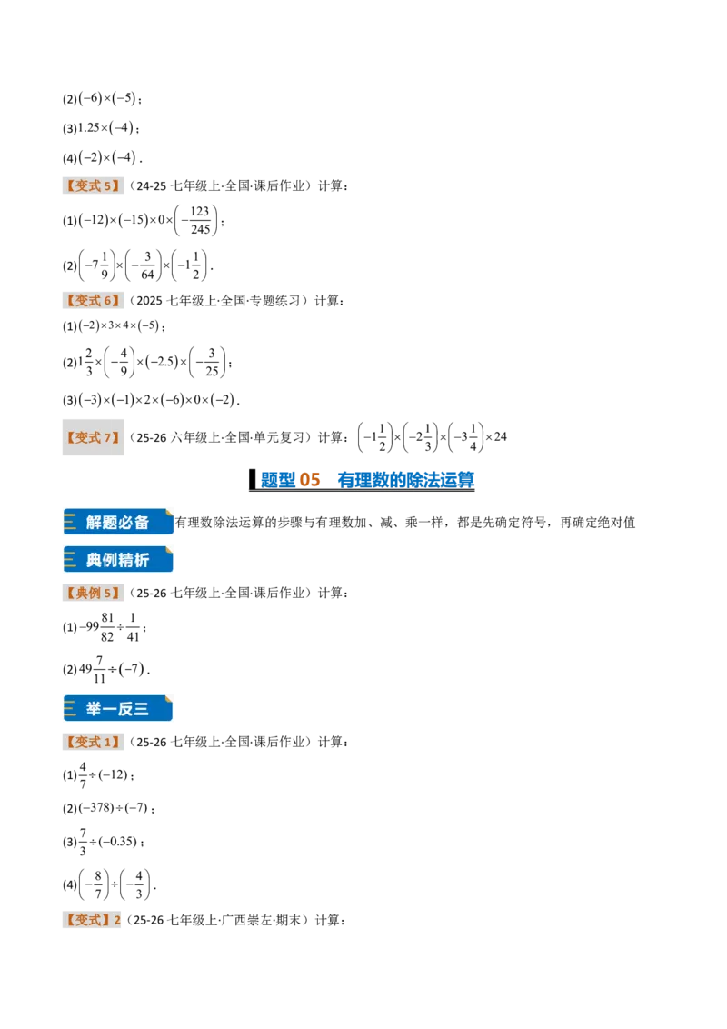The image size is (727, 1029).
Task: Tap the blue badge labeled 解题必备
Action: (x=118, y=523)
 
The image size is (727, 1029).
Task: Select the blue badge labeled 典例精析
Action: (x=118, y=560)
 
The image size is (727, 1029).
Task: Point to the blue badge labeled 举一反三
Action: (x=118, y=709)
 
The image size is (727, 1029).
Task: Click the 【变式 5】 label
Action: (x=93, y=185)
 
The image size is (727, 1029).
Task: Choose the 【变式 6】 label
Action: (x=93, y=301)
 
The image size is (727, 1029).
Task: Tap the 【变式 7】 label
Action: (x=93, y=437)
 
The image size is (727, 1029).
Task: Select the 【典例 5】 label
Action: (x=93, y=593)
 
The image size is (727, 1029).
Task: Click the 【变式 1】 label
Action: (x=93, y=742)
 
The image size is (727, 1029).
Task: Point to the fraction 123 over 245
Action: (x=200, y=221)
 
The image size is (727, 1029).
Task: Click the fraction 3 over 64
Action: (x=147, y=265)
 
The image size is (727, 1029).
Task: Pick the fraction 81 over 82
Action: (x=107, y=627)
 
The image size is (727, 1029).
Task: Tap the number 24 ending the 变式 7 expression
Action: (x=500, y=437)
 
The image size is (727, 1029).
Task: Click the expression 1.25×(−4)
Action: (x=105, y=128)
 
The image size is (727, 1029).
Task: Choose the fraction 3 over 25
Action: (x=211, y=363)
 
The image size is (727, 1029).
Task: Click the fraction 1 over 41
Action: (x=134, y=627)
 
